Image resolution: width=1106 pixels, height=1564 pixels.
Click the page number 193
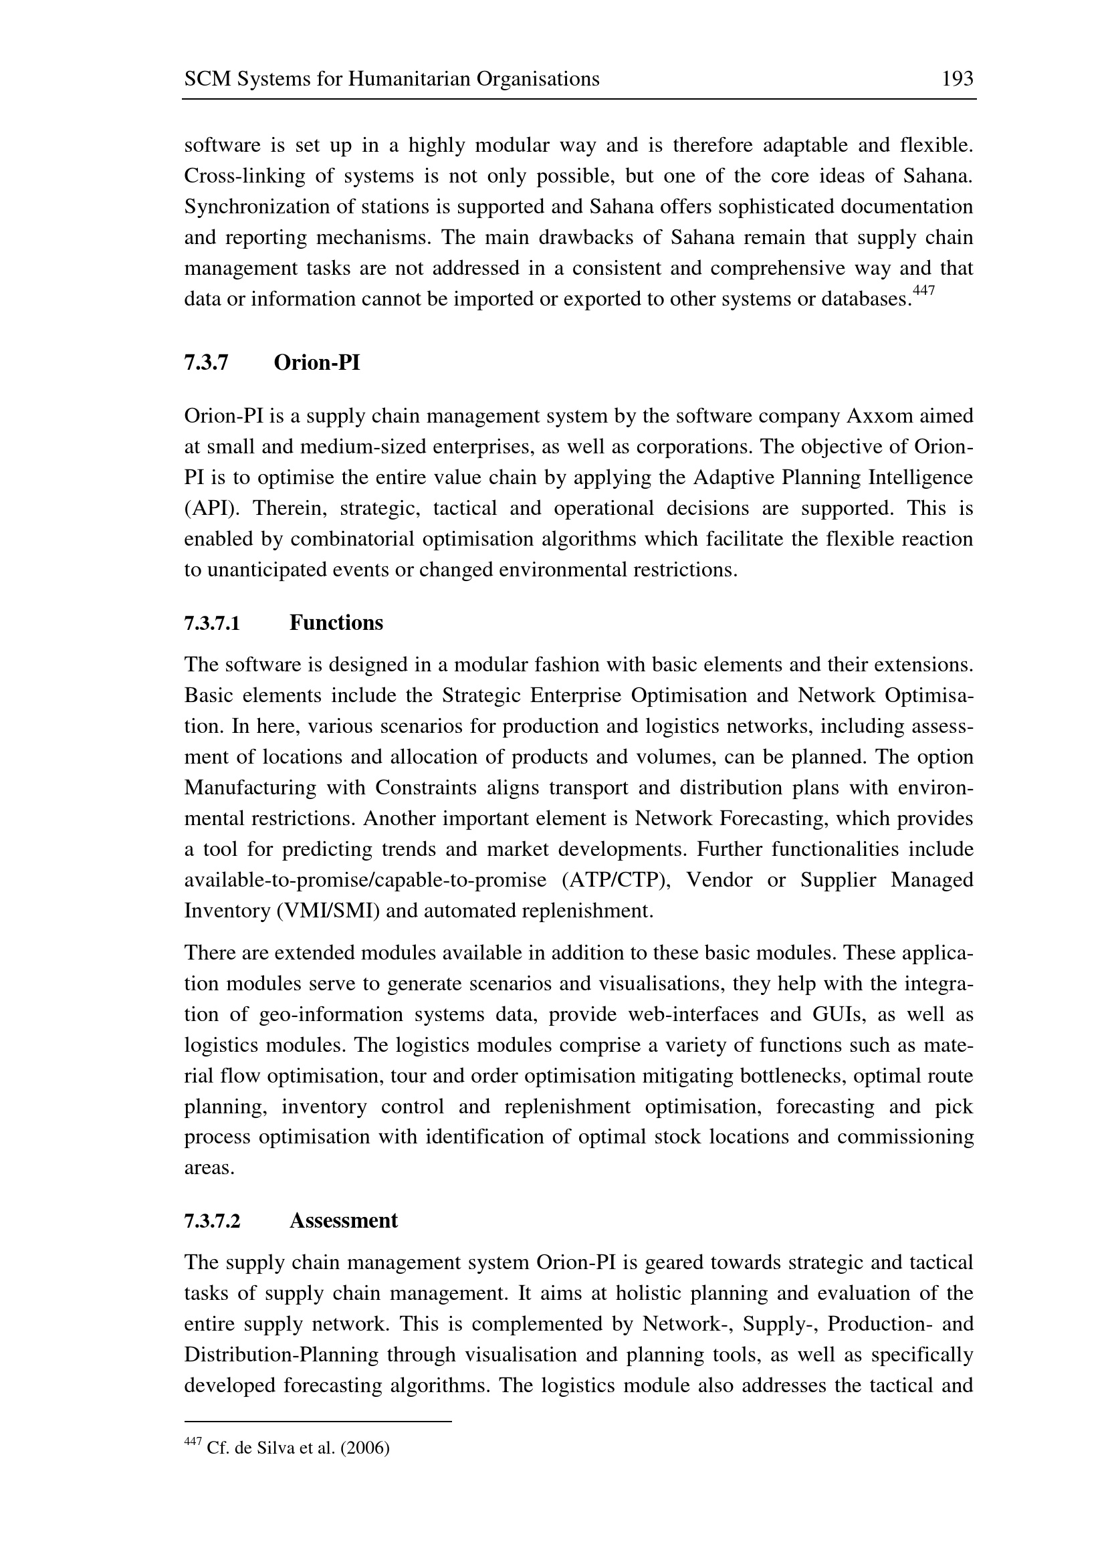click(957, 80)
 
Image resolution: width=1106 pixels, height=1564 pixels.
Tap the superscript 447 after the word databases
click(923, 291)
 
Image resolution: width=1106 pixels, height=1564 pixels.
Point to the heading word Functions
click(336, 623)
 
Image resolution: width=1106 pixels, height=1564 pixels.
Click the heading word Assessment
click(343, 1221)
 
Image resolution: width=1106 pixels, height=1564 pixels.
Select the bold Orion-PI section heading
click(317, 363)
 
